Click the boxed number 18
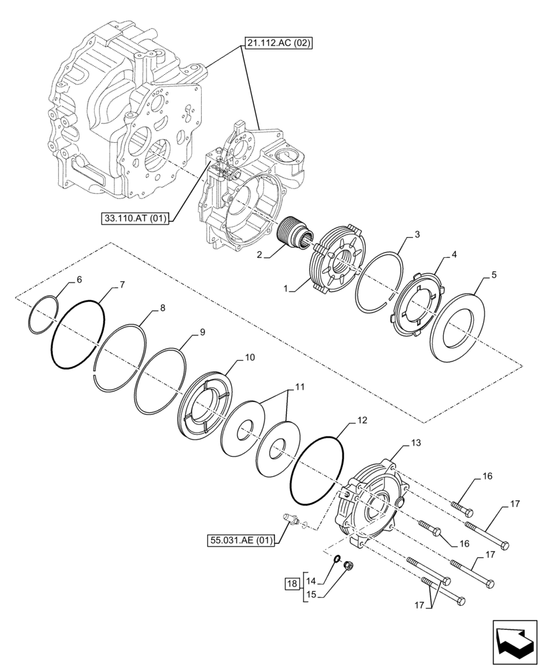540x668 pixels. tap(291, 583)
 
